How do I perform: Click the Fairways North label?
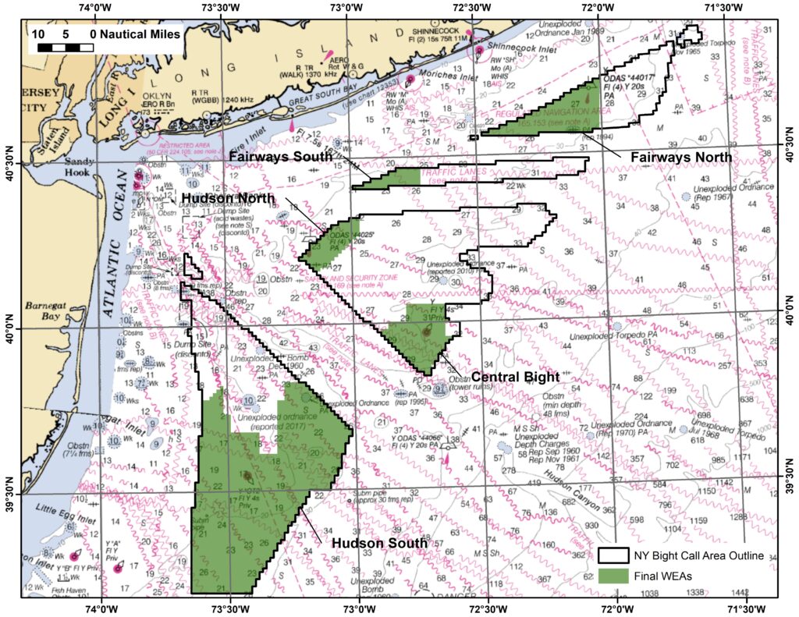click(x=680, y=157)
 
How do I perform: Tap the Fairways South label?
click(x=281, y=157)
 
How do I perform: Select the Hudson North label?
click(x=232, y=198)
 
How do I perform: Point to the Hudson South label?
click(x=379, y=543)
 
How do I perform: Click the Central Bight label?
click(x=514, y=376)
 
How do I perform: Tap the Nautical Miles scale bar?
click(x=65, y=47)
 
